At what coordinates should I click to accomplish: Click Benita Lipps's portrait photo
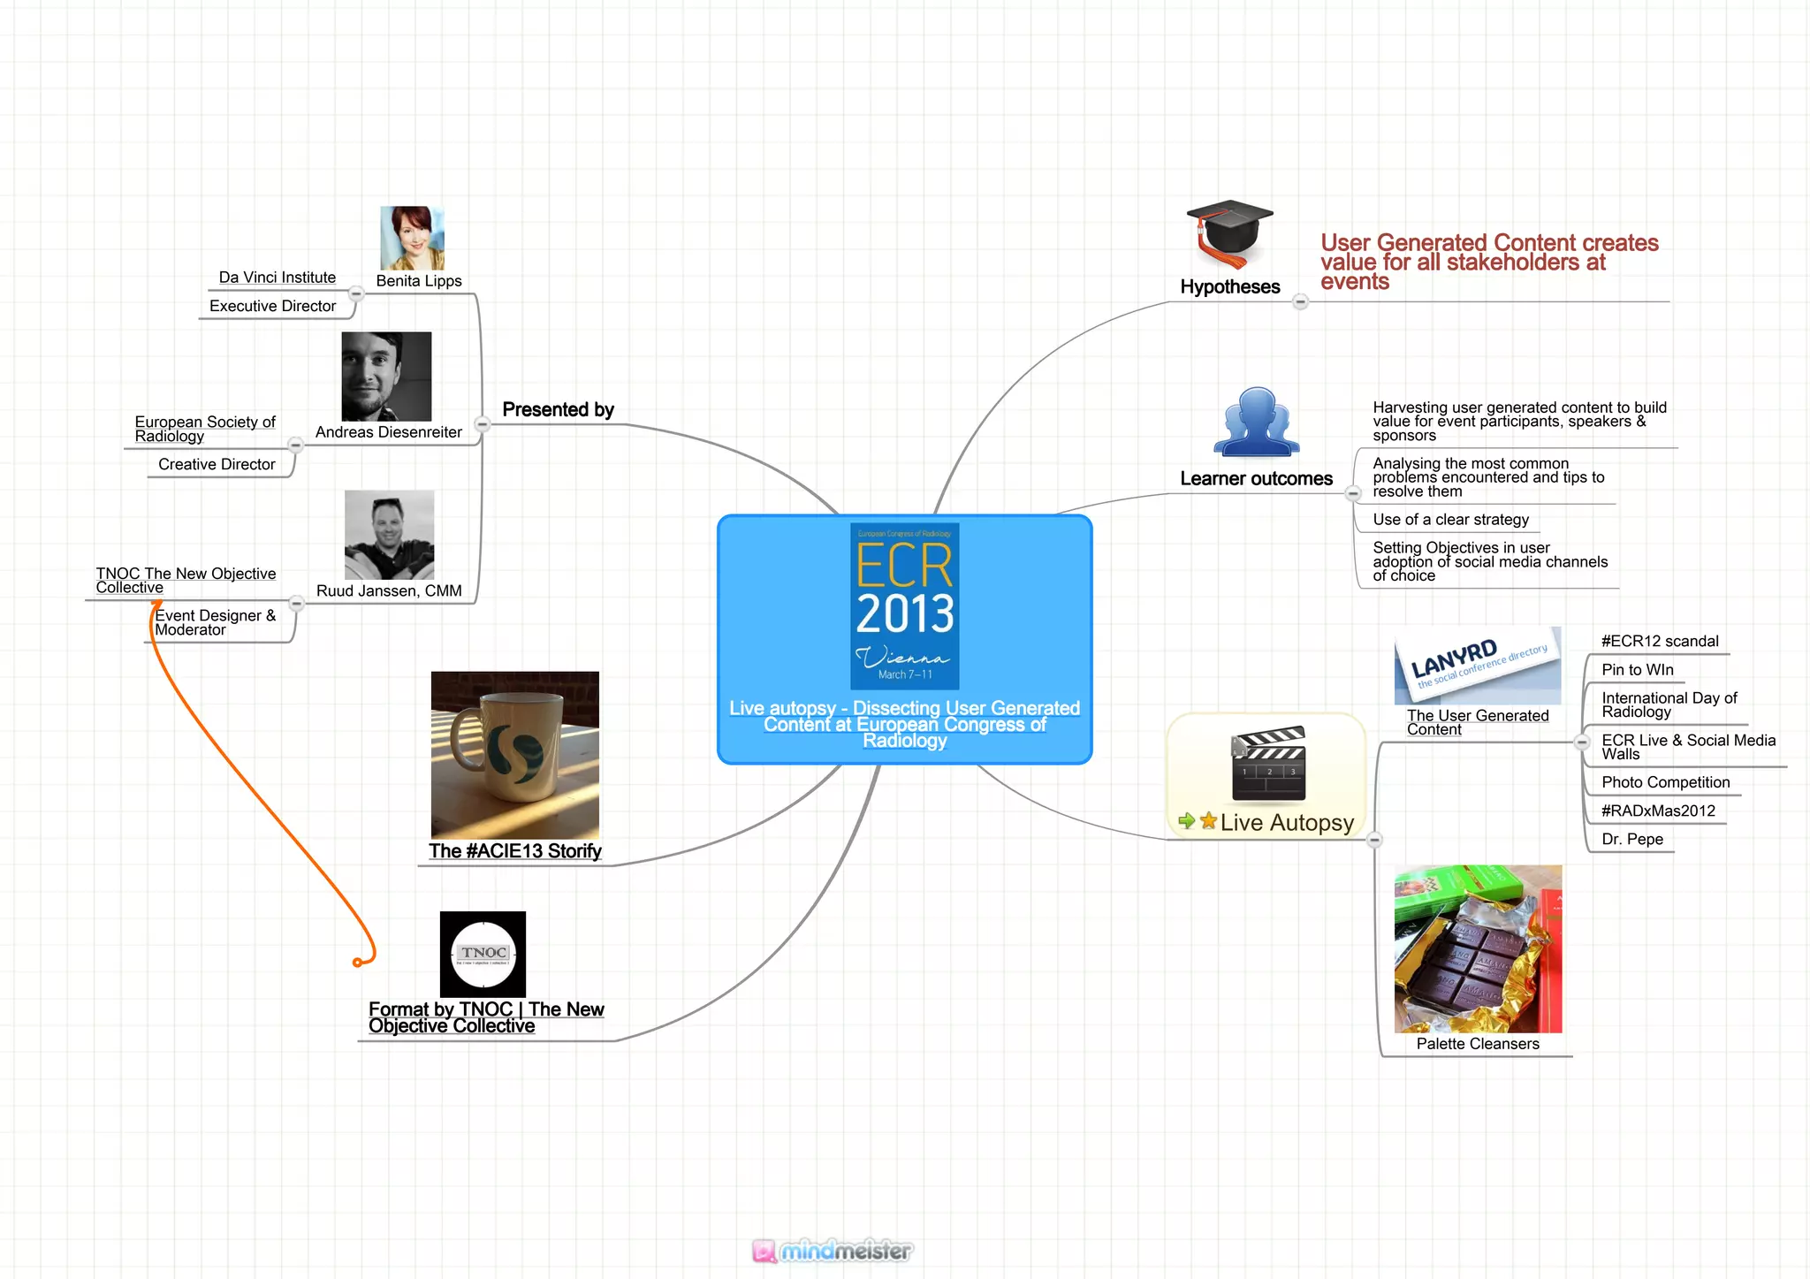(x=412, y=239)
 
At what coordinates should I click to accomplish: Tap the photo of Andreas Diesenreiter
(x=386, y=377)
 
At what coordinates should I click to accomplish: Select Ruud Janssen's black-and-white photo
(x=389, y=535)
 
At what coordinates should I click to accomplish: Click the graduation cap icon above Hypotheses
(x=1229, y=233)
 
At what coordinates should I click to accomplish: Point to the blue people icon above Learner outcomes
(x=1256, y=423)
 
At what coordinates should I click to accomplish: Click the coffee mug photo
(x=514, y=755)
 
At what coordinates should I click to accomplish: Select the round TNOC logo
(x=483, y=954)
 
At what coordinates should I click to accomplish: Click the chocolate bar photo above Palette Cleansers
(x=1478, y=948)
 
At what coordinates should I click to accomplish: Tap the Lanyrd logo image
(x=1478, y=666)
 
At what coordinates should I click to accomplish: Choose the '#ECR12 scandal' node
(x=1660, y=642)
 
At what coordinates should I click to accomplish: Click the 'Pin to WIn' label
(x=1637, y=670)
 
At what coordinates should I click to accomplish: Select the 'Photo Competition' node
(x=1665, y=782)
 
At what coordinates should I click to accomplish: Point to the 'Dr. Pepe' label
(x=1631, y=839)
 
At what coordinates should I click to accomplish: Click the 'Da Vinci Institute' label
(x=277, y=278)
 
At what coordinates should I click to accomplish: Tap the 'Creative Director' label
(x=217, y=464)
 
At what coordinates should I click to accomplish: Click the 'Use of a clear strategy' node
(x=1450, y=520)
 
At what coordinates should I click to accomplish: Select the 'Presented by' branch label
(x=558, y=409)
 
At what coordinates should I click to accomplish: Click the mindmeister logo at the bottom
(x=833, y=1251)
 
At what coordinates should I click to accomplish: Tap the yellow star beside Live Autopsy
(x=1208, y=821)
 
